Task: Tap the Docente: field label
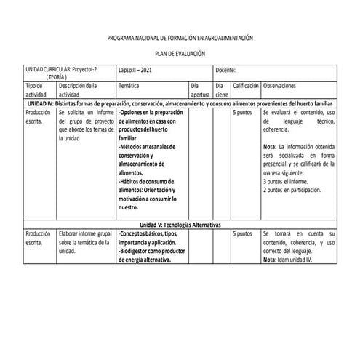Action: [226, 70]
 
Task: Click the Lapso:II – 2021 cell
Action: [135, 70]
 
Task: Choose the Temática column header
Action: [129, 86]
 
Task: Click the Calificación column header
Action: [246, 86]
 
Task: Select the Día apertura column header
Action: [199, 90]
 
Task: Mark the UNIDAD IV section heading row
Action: [180, 104]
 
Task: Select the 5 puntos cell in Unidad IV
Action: [242, 113]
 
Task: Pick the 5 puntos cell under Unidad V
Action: [242, 234]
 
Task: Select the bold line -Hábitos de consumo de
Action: [145, 181]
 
